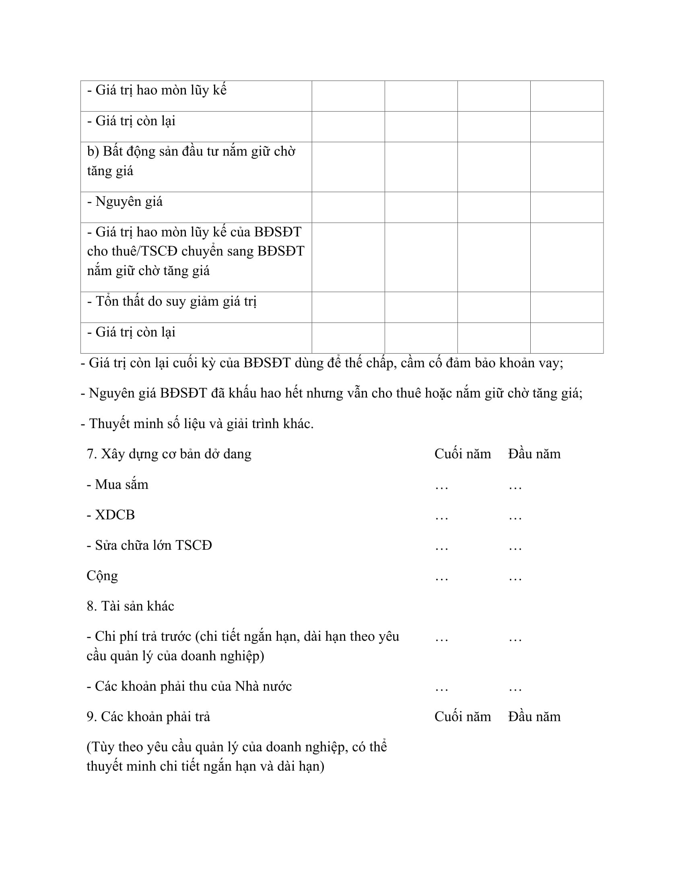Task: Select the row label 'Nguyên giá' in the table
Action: pyautogui.click(x=128, y=202)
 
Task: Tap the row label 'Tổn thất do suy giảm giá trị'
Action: pyautogui.click(x=172, y=301)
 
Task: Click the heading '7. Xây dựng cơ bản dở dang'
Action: pyautogui.click(x=169, y=453)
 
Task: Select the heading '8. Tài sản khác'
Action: pyautogui.click(x=130, y=606)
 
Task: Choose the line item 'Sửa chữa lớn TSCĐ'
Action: pyautogui.click(x=149, y=545)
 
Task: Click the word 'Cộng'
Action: pyautogui.click(x=102, y=575)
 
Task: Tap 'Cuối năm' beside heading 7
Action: pyautogui.click(x=462, y=453)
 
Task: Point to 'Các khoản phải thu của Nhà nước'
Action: pyautogui.click(x=189, y=686)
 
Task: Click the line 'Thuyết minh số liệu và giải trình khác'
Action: pyautogui.click(x=197, y=424)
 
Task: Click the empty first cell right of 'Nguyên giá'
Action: pyautogui.click(x=348, y=207)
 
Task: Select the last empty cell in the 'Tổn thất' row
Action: pyautogui.click(x=567, y=307)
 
